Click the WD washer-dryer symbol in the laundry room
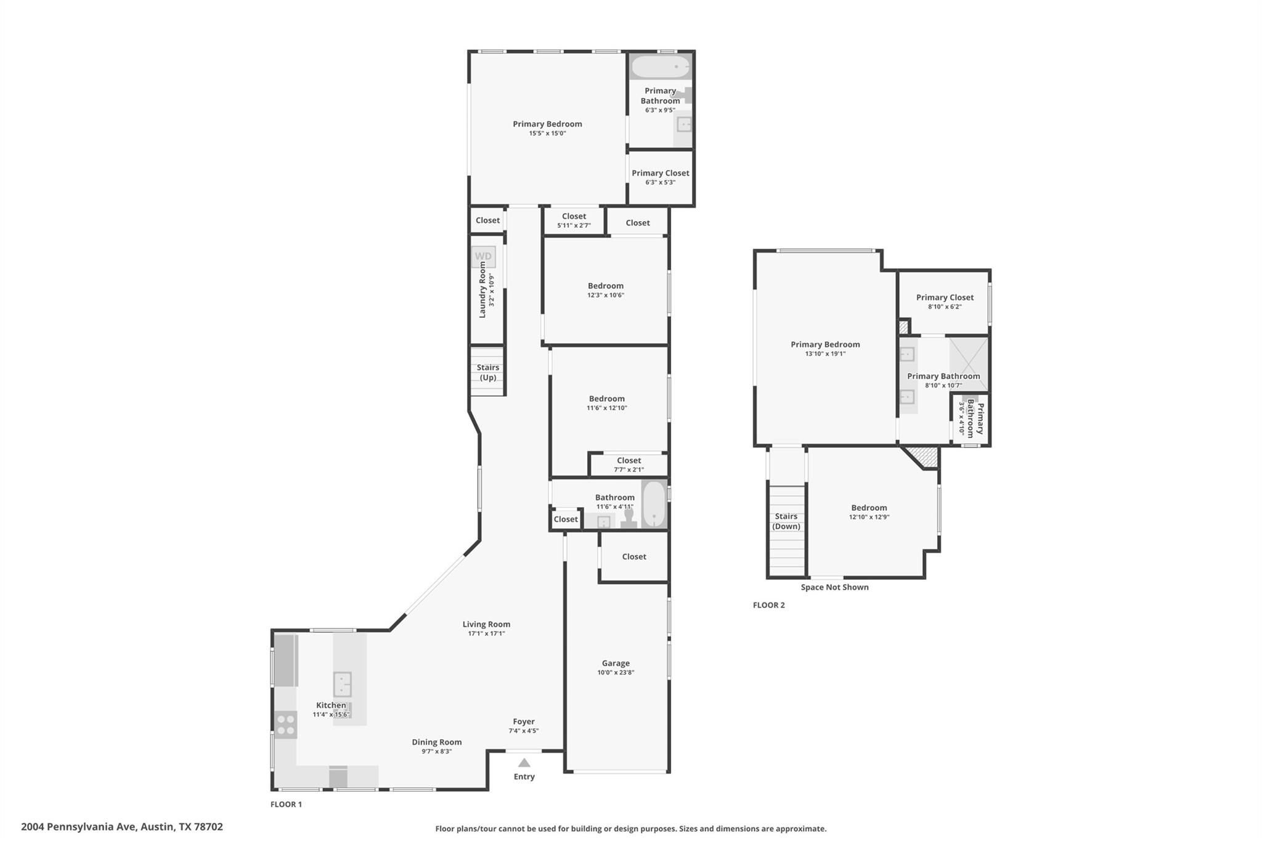coord(483,256)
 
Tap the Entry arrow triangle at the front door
coord(524,763)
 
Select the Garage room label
coord(616,663)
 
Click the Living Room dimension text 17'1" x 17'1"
coord(486,633)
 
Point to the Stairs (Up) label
coord(487,372)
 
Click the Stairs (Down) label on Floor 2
coord(786,521)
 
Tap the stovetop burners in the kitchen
coord(285,725)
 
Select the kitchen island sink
coord(342,685)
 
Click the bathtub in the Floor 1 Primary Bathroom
coord(661,67)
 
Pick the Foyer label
coord(524,721)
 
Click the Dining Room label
coord(437,742)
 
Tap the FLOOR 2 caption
coord(768,605)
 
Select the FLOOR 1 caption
coord(286,804)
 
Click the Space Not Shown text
coord(834,587)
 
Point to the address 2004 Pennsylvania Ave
coord(122,827)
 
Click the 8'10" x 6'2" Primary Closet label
coord(945,301)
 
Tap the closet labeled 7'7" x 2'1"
coord(629,465)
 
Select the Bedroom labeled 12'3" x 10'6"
coord(605,290)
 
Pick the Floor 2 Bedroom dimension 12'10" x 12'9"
coord(869,517)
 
